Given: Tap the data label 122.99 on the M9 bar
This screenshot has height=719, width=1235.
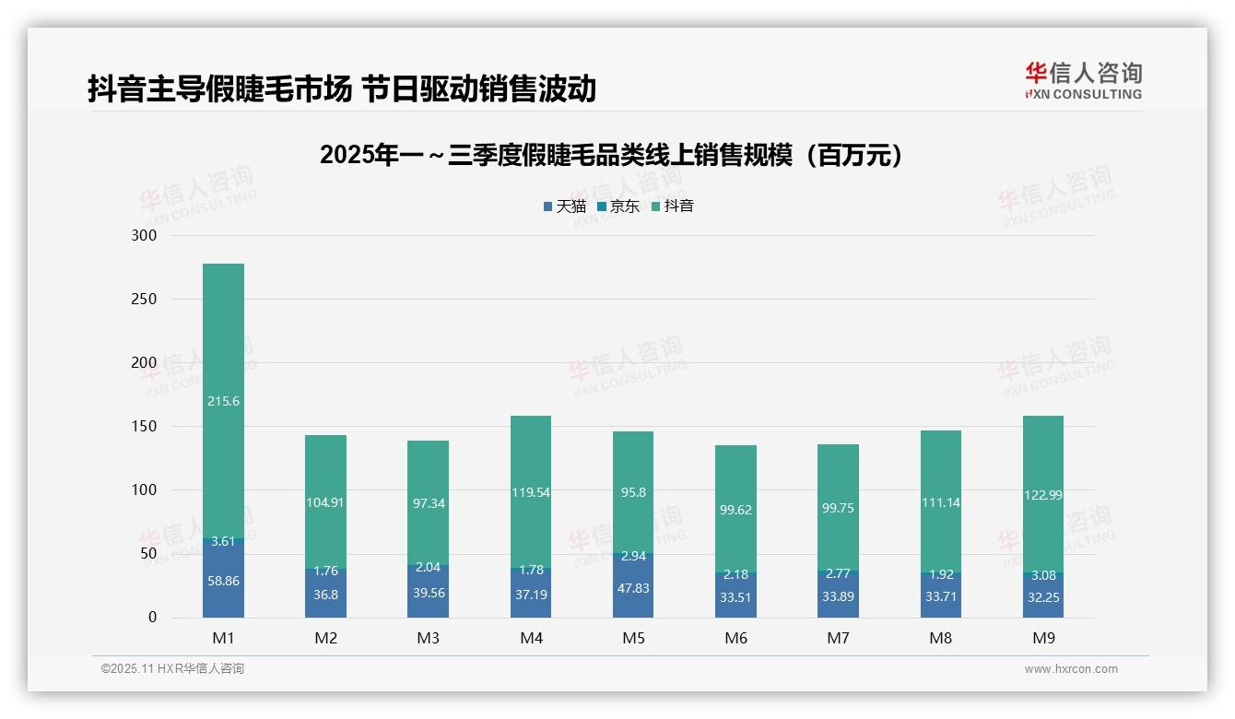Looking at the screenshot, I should (x=1042, y=495).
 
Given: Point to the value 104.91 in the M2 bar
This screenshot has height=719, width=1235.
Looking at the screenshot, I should (x=325, y=502).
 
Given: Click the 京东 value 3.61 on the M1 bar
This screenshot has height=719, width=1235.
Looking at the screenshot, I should (x=223, y=541).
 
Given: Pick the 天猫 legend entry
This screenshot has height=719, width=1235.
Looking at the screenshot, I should (x=565, y=206).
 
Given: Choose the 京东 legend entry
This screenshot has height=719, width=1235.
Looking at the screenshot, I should (x=618, y=206).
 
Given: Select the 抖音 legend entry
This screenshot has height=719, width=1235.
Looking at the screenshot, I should (x=673, y=206).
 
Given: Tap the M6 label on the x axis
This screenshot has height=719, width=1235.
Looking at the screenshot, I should (x=735, y=638).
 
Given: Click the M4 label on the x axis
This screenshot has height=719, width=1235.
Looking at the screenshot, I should (x=531, y=638).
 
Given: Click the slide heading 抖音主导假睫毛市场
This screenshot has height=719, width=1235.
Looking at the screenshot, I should (x=342, y=88).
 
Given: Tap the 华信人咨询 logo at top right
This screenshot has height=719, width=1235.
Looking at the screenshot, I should (x=1083, y=80).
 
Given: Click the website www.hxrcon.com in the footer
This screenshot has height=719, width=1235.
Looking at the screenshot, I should (x=1071, y=669).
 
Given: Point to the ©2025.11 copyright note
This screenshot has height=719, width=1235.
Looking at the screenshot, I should (x=172, y=669).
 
